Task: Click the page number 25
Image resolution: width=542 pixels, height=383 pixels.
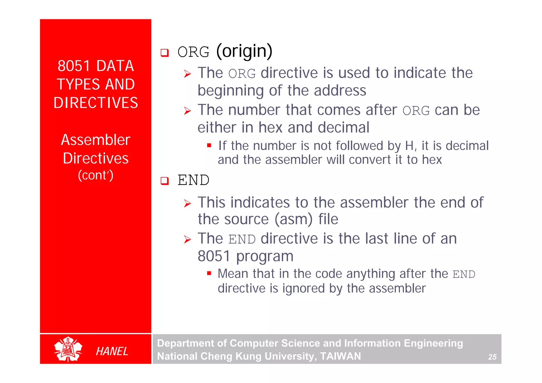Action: point(492,357)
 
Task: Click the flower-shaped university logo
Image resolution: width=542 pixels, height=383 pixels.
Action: point(68,349)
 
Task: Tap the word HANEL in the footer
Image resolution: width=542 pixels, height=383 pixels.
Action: point(112,351)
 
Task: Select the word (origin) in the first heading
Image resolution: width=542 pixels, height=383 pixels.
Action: point(244,51)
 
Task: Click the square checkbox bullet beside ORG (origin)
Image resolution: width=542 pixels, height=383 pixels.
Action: point(165,53)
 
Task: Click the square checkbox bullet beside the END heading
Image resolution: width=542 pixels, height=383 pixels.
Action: point(165,181)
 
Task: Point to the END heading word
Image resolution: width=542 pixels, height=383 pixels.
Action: point(193,180)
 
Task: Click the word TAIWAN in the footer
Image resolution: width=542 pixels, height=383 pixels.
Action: point(340,356)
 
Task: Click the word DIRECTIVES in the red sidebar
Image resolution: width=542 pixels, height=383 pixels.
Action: point(96,103)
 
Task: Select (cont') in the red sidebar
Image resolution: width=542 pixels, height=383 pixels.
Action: point(96,175)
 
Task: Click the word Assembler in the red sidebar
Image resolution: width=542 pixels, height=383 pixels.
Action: point(96,140)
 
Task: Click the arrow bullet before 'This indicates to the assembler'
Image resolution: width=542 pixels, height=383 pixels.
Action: point(187,203)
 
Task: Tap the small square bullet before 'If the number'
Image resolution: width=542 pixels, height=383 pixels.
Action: point(209,145)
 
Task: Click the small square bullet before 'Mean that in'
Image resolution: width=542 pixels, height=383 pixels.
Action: point(209,273)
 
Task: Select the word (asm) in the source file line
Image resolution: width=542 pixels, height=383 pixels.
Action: point(293,219)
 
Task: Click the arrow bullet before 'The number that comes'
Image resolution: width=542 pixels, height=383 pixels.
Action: point(187,111)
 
